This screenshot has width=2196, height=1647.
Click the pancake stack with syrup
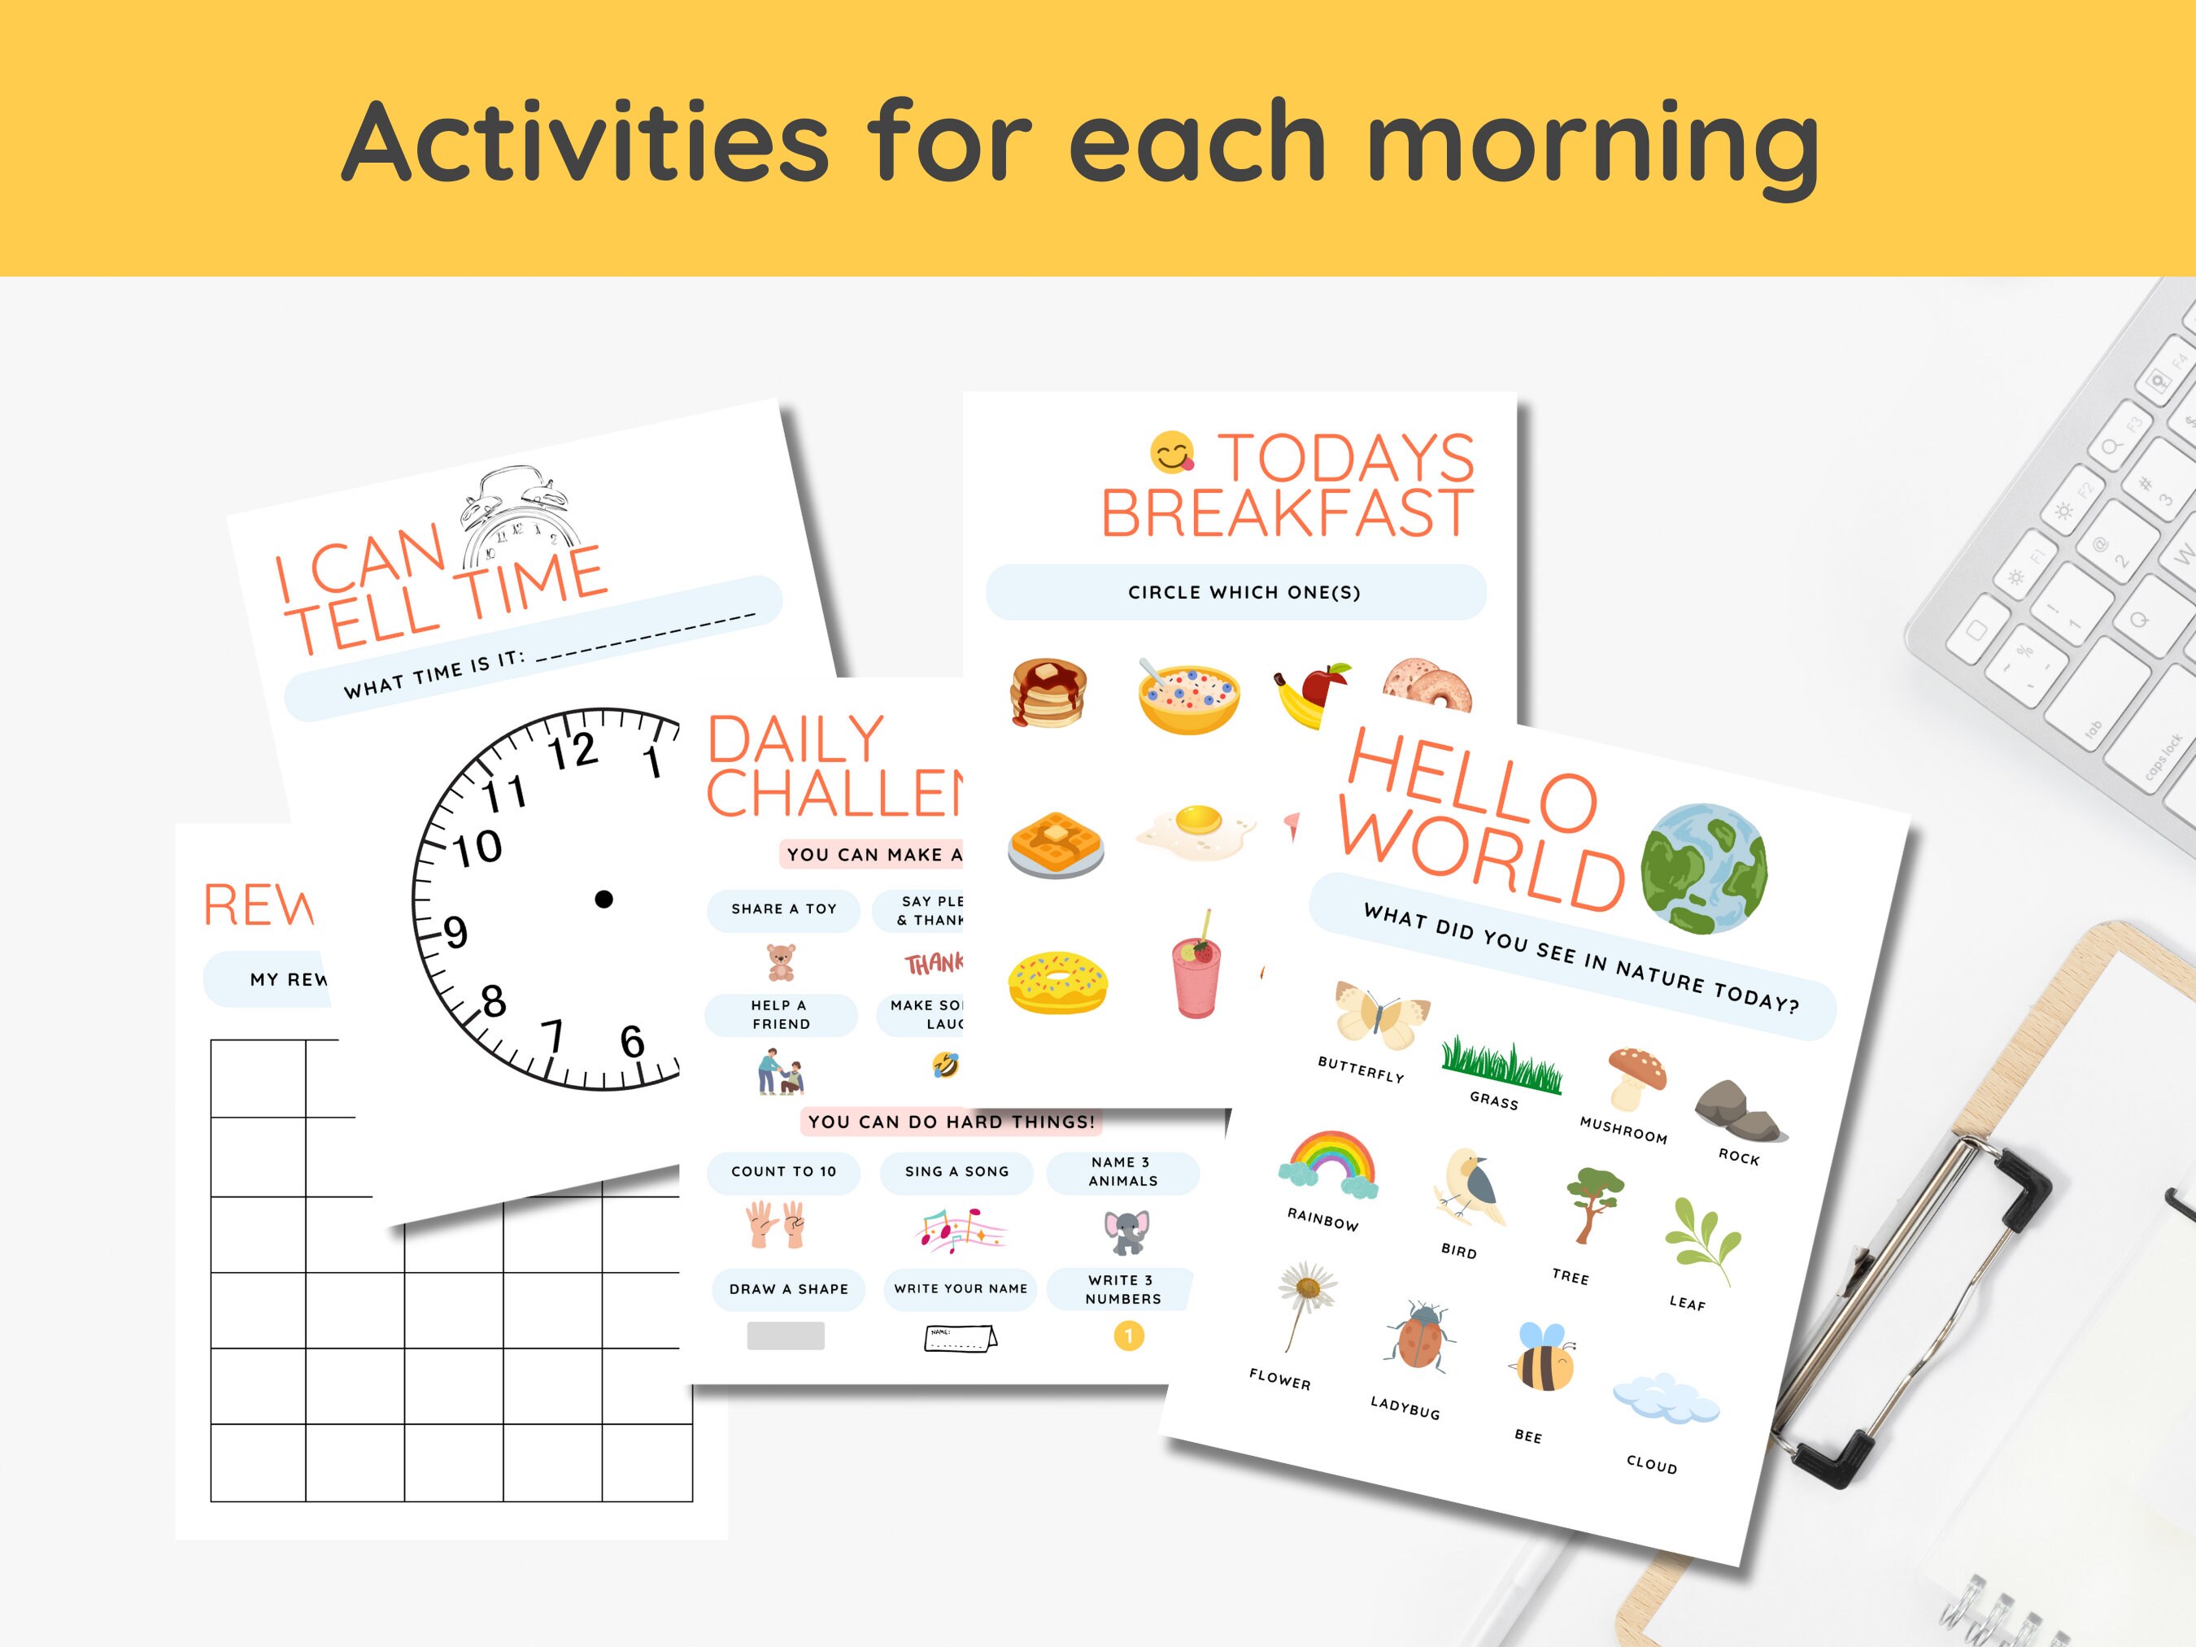pos(1048,692)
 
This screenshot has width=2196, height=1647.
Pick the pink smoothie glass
pos(1196,967)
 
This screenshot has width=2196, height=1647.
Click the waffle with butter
pos(1057,844)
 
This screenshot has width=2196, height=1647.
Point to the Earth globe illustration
pos(1704,869)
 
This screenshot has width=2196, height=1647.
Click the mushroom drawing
pos(1636,1077)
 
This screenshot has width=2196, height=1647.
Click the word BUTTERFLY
pos(1361,1070)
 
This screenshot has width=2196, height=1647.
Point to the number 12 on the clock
pos(574,751)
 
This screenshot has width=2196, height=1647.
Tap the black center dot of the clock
pos(603,900)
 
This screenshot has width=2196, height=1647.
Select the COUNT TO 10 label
pos(783,1171)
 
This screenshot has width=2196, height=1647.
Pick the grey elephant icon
pos(1126,1232)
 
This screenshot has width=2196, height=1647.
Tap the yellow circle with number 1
pos(1129,1336)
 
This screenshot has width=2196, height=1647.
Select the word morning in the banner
pos(1593,144)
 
